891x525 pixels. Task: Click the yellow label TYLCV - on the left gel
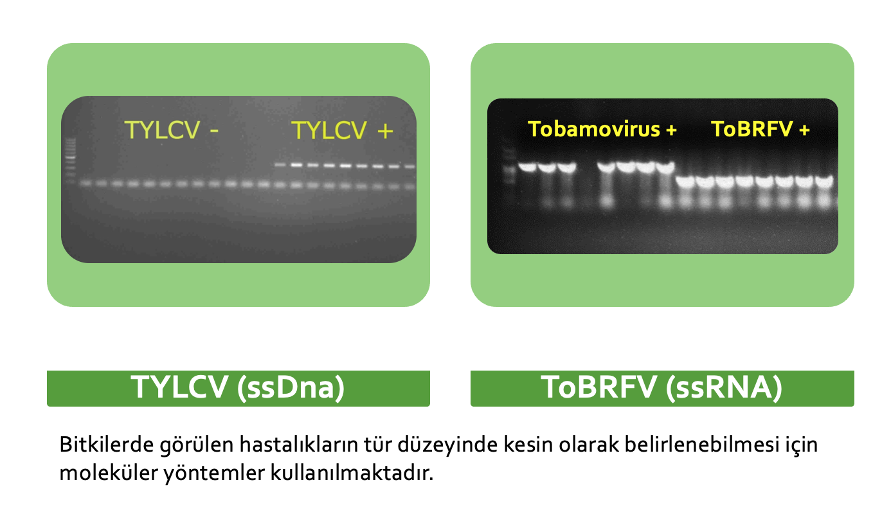coord(172,130)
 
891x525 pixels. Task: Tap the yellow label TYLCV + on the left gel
coord(342,130)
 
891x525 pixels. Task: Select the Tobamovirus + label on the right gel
coord(602,129)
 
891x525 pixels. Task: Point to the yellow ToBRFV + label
coord(760,129)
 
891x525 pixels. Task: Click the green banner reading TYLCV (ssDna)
coord(239,388)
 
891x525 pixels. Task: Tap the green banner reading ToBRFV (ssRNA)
coord(662,388)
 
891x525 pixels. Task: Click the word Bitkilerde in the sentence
coord(106,444)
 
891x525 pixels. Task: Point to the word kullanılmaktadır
coord(352,473)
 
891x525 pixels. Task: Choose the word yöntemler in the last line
coord(215,474)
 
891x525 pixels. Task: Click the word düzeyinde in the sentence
coord(447,445)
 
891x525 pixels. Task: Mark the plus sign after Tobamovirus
coord(671,130)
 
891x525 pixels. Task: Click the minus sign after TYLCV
coord(215,131)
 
